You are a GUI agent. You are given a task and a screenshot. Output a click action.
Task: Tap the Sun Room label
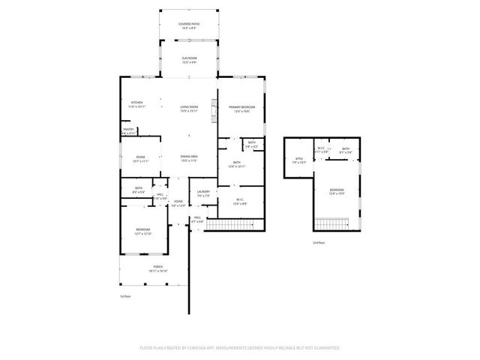[189, 60]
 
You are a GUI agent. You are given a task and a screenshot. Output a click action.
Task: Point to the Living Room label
[189, 109]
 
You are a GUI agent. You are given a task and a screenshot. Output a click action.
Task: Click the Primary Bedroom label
[242, 109]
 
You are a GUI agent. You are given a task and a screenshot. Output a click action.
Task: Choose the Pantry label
[129, 131]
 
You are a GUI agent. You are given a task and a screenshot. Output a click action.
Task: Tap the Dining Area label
[189, 158]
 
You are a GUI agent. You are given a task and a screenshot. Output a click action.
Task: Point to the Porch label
[158, 268]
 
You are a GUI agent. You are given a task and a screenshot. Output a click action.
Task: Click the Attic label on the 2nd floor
[298, 159]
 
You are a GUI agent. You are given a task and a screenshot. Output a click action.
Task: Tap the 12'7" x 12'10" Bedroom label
[143, 231]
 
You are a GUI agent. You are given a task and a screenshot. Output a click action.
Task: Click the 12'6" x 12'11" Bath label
[236, 164]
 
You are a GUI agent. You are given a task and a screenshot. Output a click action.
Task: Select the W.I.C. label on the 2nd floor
[320, 149]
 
